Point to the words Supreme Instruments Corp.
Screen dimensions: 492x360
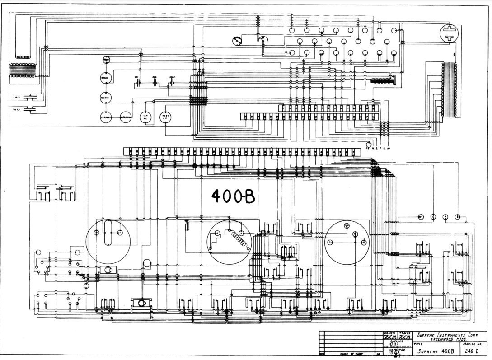[x=442, y=335]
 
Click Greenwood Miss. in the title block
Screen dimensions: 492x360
[x=449, y=340]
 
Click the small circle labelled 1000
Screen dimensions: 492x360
[x=106, y=60]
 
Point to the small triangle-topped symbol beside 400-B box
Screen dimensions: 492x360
[x=186, y=222]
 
